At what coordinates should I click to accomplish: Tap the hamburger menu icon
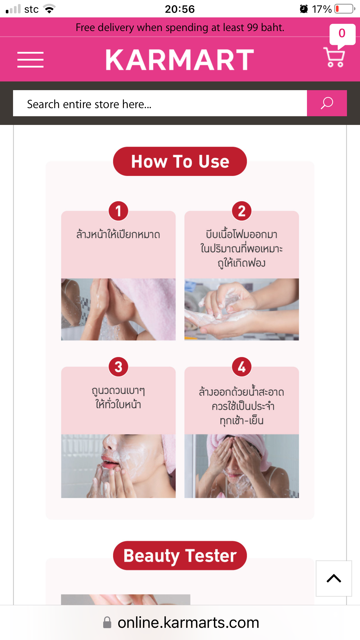30,60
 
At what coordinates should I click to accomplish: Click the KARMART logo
180,60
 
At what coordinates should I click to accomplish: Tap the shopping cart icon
334,57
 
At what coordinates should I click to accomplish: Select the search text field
160,103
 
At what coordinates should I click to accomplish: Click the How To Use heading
180,161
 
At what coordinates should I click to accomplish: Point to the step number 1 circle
118,211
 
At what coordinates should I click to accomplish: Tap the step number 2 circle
242,211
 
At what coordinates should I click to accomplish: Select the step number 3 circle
118,367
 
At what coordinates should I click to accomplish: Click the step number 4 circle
242,367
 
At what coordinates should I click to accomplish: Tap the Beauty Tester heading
180,555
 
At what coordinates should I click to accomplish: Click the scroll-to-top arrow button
334,579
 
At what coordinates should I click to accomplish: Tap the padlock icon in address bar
107,623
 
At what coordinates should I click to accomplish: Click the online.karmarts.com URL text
188,623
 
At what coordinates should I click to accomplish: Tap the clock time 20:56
180,9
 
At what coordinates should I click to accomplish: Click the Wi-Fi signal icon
50,9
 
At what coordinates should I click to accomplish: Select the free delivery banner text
180,28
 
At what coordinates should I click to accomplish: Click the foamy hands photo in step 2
242,309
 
